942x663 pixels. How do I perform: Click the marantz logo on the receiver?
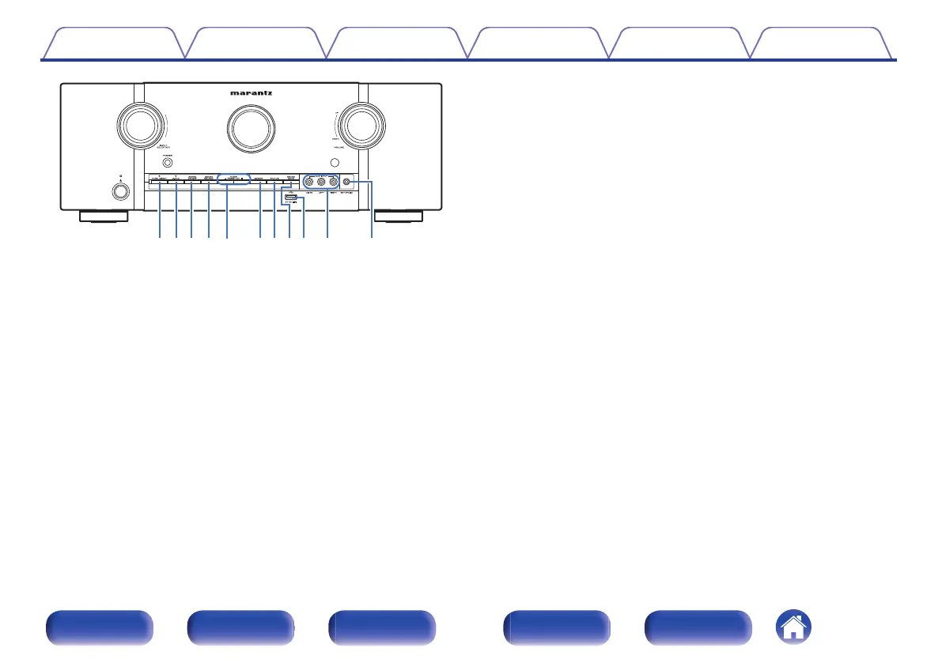tap(251, 92)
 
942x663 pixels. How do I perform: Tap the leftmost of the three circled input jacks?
tap(309, 182)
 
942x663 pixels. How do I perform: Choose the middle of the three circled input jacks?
tap(321, 182)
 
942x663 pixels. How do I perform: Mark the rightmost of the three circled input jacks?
tap(333, 182)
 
